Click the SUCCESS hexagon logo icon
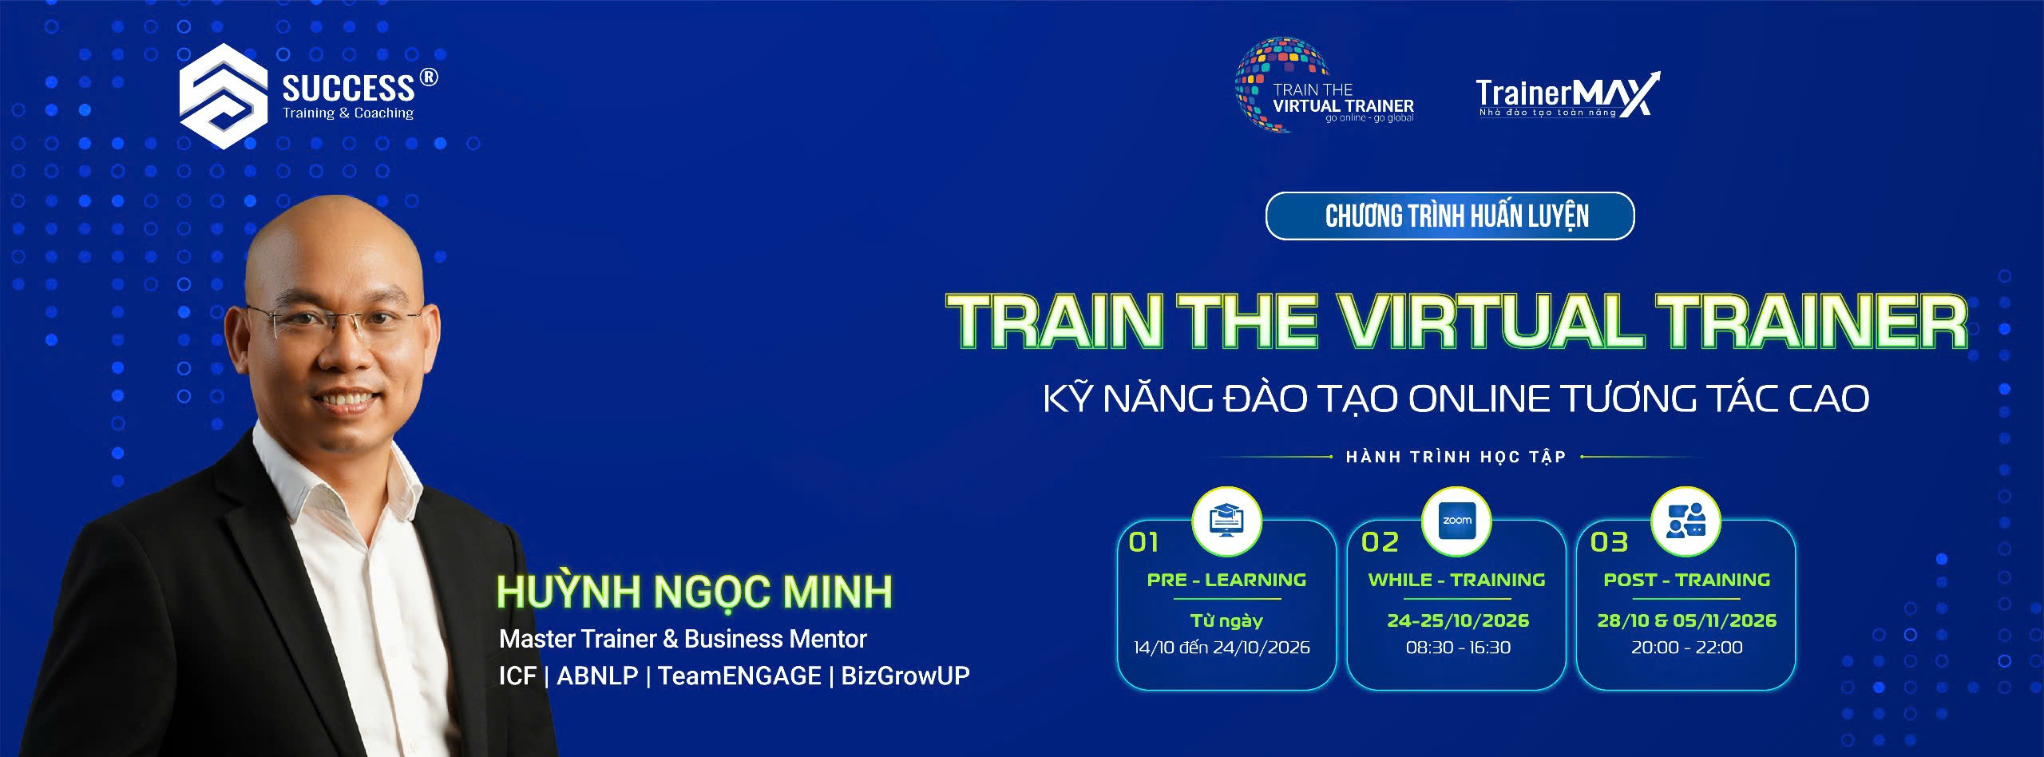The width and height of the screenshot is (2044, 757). tap(223, 96)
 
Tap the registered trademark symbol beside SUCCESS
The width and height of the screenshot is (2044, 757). tap(429, 77)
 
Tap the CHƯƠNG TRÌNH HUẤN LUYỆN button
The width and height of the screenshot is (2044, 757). tap(1450, 216)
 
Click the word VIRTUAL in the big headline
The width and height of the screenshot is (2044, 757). tap(1490, 322)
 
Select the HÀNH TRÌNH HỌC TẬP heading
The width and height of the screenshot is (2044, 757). tap(1456, 457)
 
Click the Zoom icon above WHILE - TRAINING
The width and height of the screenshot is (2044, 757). tap(1456, 521)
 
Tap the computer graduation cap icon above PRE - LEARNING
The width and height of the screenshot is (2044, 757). tap(1226, 521)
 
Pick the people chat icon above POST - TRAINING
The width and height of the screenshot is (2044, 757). tap(1686, 521)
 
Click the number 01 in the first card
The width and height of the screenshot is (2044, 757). tap(1143, 543)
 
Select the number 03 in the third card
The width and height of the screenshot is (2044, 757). tap(1609, 543)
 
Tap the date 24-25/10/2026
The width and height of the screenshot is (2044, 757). tap(1458, 620)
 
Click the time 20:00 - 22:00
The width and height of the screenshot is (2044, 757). tap(1686, 648)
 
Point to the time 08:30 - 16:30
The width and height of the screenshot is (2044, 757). tap(1458, 648)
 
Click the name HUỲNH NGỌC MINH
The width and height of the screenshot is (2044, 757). tap(695, 592)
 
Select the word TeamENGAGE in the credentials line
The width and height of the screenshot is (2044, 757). tap(739, 676)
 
